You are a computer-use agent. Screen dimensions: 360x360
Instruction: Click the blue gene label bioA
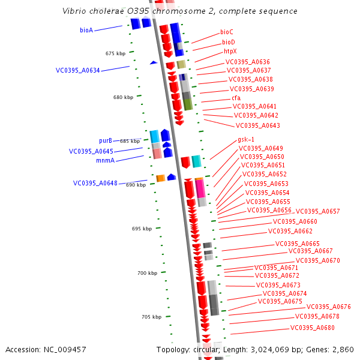pos(86,30)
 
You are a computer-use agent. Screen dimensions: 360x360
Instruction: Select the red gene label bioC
pos(227,32)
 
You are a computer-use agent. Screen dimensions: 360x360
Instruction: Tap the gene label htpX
pos(230,52)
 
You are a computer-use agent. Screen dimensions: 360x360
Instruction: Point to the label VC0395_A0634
pos(78,70)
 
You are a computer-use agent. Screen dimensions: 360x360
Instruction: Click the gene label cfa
pos(236,98)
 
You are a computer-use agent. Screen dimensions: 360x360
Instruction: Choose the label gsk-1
pos(246,139)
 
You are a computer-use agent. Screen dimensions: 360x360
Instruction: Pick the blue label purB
pos(106,141)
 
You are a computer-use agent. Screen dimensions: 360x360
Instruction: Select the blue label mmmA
pos(105,161)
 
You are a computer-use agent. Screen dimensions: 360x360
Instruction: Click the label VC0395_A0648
pos(95,183)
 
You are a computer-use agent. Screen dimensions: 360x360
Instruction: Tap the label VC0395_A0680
pos(313,328)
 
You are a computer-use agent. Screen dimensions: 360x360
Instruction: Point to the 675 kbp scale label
pos(115,53)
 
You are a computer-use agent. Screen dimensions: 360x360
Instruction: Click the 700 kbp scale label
pos(147,273)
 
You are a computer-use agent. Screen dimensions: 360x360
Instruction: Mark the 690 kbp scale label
pos(136,185)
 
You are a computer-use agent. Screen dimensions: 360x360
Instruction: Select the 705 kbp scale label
pos(151,317)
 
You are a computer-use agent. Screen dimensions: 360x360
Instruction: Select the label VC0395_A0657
pos(318,211)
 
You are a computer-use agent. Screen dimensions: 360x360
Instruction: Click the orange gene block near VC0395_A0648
pos(160,178)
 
